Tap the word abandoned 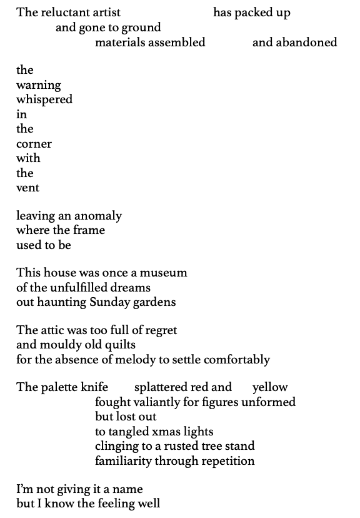pos(294,42)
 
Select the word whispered pos(44,99)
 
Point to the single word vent pos(27,188)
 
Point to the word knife pos(94,387)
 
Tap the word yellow pos(270,387)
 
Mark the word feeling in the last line pos(118,504)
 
